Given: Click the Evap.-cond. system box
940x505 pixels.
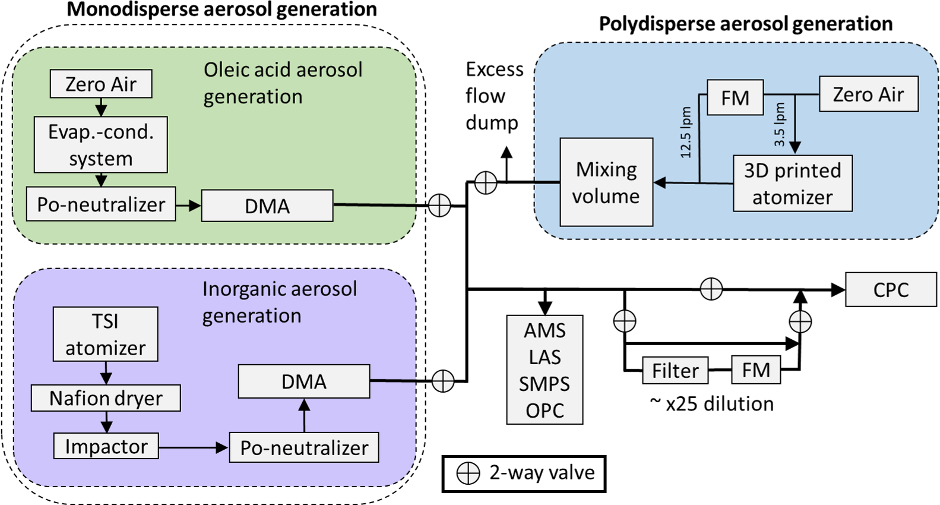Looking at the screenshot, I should click(x=100, y=144).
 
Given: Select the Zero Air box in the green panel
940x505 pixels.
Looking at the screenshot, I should click(x=100, y=84).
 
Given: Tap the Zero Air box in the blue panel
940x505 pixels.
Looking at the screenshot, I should click(x=868, y=94).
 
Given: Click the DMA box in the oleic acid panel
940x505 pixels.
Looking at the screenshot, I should click(x=267, y=206).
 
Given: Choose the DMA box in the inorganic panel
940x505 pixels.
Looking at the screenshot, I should click(x=303, y=381).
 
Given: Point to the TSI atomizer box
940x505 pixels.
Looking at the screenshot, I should click(x=105, y=334).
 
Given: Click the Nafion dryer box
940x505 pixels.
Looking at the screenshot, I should click(x=105, y=398).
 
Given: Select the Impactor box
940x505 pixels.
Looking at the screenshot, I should click(x=106, y=446).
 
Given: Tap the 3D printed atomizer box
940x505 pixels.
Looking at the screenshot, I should click(x=792, y=183).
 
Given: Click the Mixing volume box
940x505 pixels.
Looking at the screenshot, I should click(x=606, y=182).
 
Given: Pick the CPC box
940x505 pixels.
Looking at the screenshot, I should click(x=890, y=289).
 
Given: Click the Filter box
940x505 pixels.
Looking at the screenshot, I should click(x=675, y=371).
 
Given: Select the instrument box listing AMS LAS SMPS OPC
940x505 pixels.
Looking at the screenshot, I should click(x=545, y=370).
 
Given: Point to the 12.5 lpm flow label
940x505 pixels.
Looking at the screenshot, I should click(x=686, y=132).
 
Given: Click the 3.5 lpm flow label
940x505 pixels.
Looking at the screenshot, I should click(x=780, y=125).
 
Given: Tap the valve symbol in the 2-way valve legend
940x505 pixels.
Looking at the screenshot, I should click(x=468, y=474).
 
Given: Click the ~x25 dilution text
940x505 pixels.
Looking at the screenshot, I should click(x=711, y=404).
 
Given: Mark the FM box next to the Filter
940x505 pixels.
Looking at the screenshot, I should click(x=755, y=370).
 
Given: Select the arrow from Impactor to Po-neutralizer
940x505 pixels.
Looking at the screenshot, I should click(x=194, y=447).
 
